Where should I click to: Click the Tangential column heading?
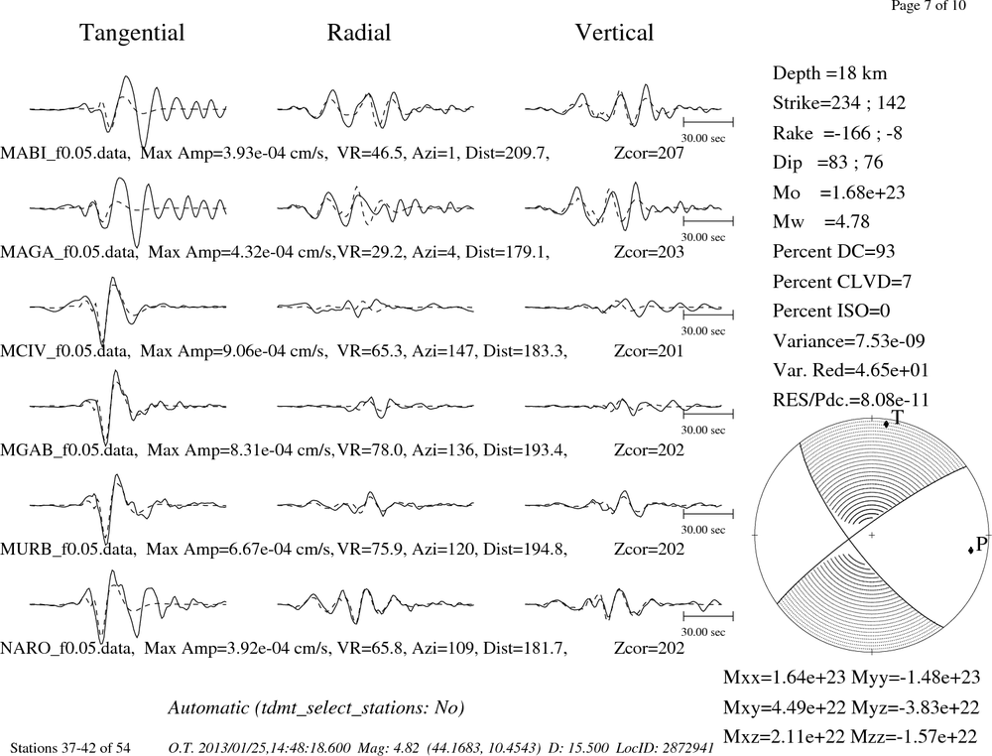coord(132,33)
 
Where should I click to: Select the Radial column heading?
coord(359,33)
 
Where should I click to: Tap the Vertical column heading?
coord(614,33)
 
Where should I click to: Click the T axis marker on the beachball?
coord(886,424)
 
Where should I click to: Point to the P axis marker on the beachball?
coord(970,550)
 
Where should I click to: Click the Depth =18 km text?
coord(829,73)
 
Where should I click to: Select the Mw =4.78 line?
coord(820,221)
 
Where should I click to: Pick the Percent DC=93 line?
coord(833,252)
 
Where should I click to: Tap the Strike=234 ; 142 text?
coord(839,103)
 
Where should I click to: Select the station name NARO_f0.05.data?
coord(67,649)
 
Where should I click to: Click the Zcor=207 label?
coord(649,153)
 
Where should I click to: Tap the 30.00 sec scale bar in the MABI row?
coord(708,122)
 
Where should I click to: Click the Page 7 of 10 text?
coord(929,6)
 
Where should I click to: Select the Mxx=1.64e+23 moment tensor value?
coord(784,678)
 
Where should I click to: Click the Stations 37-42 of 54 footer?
coord(70,748)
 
